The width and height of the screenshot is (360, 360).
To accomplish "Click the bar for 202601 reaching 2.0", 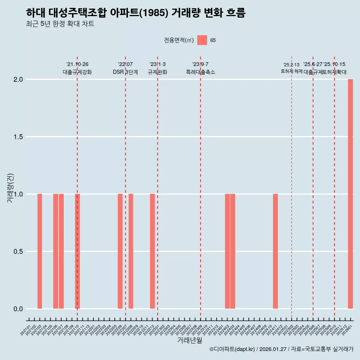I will pos(350,194).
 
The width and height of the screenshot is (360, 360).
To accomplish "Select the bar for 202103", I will pos(40,251).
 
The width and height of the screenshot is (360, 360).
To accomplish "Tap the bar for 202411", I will pos(275,251).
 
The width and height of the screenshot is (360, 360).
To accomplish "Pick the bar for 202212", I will pos(152,251).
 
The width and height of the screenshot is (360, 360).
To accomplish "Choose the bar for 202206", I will pos(120,251).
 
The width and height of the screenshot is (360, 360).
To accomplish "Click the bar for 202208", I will pos(131,251).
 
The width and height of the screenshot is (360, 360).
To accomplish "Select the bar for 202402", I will pos(227,251).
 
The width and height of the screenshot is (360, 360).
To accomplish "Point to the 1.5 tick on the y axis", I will pos(18,137).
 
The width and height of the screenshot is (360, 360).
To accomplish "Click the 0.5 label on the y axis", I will pos(18,252).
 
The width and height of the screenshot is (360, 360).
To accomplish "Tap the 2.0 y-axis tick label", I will pos(18,79).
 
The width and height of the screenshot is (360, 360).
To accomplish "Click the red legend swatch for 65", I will pos(202,40).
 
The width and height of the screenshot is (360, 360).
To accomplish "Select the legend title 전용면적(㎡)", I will pos(179,40).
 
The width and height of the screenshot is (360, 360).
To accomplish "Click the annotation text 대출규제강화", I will pos(77,72).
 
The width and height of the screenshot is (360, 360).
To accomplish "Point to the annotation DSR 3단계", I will pos(125,72).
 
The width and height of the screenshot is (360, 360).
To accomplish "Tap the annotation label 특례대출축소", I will pos(201,72).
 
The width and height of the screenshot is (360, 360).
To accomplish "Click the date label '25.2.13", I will pos(291,65).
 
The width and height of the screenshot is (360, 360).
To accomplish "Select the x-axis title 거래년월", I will pos(189,340).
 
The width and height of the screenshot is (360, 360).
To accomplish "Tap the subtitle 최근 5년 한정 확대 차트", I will pos(60,24).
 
